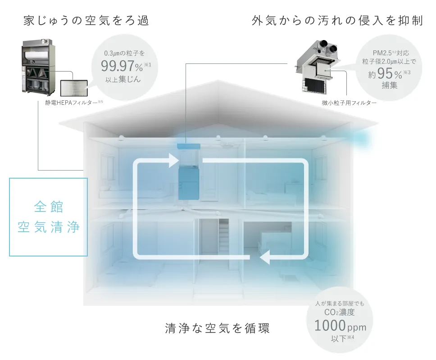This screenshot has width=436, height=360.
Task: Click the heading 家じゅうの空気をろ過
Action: [x=85, y=21]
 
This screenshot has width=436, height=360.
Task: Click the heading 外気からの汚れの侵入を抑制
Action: [x=337, y=21]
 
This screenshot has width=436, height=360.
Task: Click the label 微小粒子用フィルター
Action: [x=350, y=103]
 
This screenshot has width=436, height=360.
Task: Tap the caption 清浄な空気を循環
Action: [x=218, y=328]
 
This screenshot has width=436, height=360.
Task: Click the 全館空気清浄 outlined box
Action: [x=48, y=217]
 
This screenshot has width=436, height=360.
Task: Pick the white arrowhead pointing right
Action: [x=174, y=161]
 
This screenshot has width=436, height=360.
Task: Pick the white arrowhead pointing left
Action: [x=265, y=257]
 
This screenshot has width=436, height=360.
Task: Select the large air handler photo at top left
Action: [x=38, y=67]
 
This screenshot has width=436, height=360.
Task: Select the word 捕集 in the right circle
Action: [x=388, y=85]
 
